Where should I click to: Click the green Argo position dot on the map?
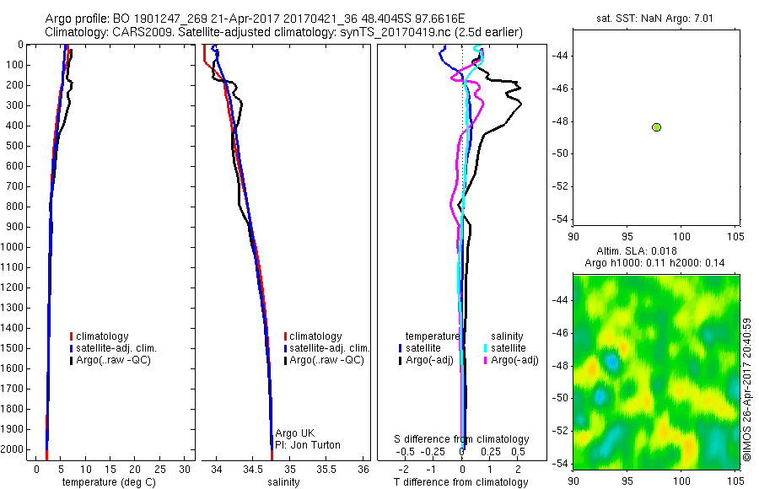[656, 127]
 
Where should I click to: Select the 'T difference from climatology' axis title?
[461, 482]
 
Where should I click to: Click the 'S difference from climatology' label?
[461, 439]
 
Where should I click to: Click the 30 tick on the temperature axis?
[186, 469]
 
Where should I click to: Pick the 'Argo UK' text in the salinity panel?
[294, 433]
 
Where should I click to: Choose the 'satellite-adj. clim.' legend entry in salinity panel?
[330, 348]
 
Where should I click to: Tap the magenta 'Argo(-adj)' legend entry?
[514, 360]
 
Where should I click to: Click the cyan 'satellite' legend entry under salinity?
[508, 348]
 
